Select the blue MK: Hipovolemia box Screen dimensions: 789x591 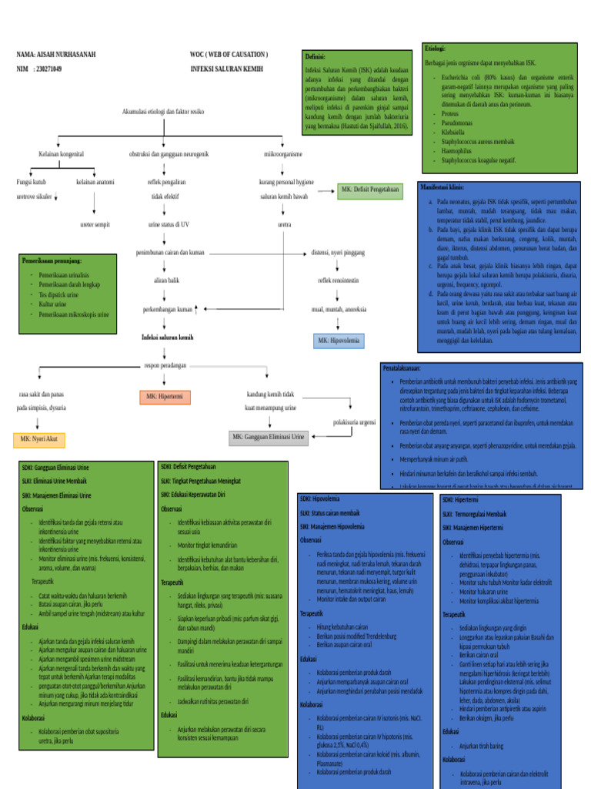(339, 340)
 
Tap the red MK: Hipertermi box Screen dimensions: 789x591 (165, 397)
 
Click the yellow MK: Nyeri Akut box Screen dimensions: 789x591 (38, 440)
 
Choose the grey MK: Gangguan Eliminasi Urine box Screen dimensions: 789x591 (268, 438)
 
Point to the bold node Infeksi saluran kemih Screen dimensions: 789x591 (167, 337)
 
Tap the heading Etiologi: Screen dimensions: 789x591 (436, 49)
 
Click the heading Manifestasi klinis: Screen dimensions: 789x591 (442, 187)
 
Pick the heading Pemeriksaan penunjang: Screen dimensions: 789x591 (52, 260)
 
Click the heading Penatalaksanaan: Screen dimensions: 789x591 (408, 368)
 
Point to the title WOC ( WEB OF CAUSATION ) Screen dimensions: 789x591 (229, 55)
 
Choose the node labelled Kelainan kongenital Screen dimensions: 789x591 (61, 154)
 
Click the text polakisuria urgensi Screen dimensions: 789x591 (354, 422)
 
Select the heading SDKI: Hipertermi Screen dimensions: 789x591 (460, 499)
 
